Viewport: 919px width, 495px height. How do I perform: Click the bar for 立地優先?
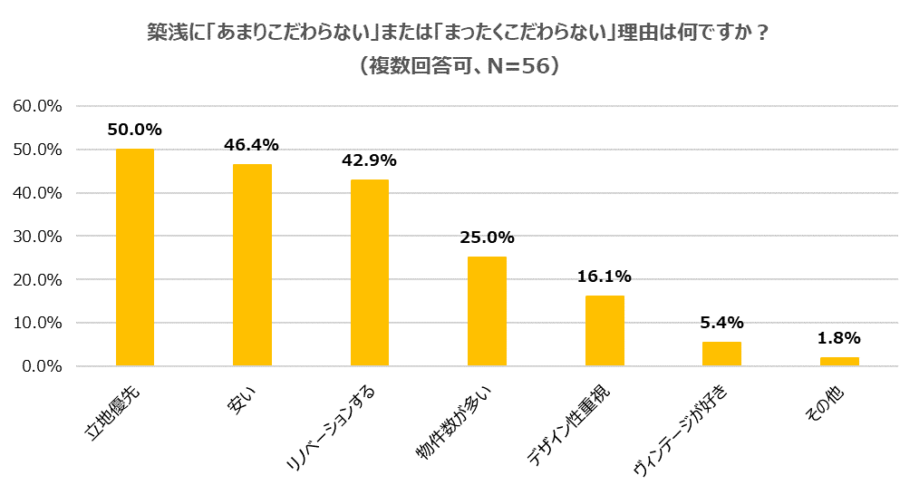[x=134, y=257]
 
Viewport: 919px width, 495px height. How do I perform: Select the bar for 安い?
[x=252, y=265]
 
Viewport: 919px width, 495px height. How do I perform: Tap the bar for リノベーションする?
[x=369, y=273]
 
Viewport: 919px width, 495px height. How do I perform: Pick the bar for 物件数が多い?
[x=487, y=311]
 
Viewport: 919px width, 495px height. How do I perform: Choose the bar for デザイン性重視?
[x=605, y=331]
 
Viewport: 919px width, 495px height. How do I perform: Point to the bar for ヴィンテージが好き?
[x=721, y=354]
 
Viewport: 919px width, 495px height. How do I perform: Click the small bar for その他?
[x=839, y=362]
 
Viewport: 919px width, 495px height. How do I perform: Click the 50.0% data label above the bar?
[x=134, y=130]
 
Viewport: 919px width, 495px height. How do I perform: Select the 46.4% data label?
[x=252, y=145]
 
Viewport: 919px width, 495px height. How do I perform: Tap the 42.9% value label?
[x=369, y=160]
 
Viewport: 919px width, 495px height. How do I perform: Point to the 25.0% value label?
[x=487, y=238]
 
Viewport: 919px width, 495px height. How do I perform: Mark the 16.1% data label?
[x=605, y=277]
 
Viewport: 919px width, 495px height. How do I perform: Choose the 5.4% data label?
[x=721, y=323]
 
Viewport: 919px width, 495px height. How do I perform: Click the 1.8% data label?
[x=839, y=338]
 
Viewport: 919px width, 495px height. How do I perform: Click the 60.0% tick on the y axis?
[x=37, y=106]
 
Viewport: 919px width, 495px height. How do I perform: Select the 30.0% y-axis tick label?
[x=37, y=237]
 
